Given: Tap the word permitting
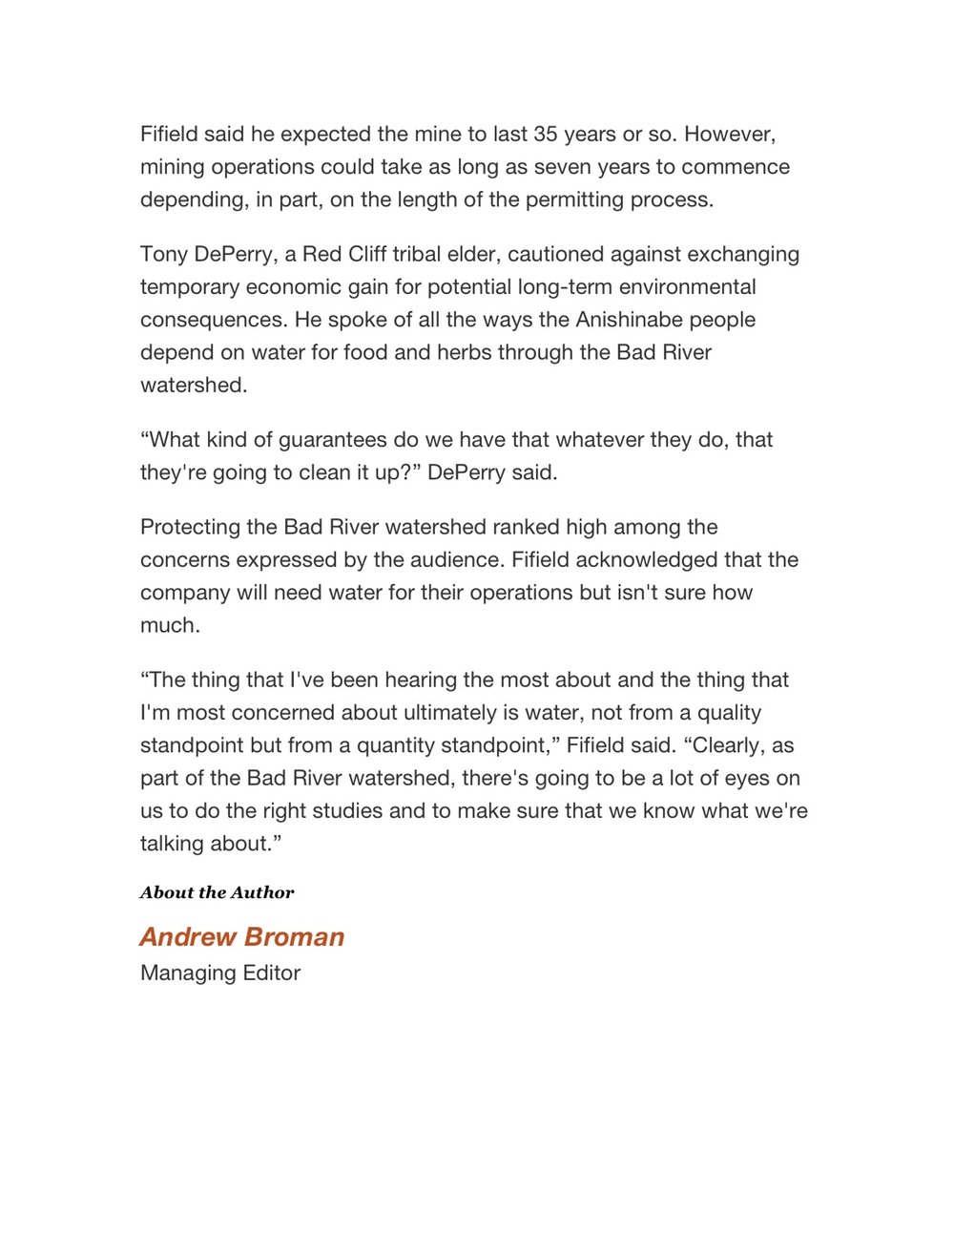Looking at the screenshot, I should point(601,199).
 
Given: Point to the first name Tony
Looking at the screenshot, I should point(164,254).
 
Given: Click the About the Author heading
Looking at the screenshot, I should point(217,892).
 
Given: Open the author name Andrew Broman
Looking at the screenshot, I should point(242,936).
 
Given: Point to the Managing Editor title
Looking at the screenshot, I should point(220,973).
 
